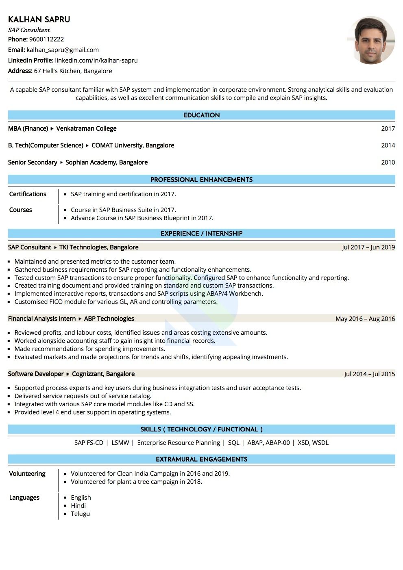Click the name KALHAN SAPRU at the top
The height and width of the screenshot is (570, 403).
point(39,20)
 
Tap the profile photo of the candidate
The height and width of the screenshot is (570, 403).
point(371,40)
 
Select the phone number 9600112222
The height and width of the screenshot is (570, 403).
point(46,39)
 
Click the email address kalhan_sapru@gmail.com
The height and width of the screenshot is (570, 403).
point(63,50)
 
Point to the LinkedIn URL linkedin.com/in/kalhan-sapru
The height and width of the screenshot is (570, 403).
point(96,61)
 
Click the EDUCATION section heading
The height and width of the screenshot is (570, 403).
point(201,115)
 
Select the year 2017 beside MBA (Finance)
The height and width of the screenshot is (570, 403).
point(388,129)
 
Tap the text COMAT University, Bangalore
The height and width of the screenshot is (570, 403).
point(133,145)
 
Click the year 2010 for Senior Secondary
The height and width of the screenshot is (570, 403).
point(388,163)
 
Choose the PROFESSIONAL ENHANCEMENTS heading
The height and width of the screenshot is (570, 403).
point(201,180)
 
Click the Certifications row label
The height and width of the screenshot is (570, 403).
point(28,194)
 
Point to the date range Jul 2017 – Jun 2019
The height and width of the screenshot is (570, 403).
point(368,247)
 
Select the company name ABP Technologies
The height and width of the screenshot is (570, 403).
point(109,319)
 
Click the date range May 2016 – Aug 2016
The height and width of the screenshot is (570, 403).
point(365,319)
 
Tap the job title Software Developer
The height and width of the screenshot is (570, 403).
point(36,374)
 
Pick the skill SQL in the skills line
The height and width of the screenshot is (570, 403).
point(233,443)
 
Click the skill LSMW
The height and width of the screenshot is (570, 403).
point(120,443)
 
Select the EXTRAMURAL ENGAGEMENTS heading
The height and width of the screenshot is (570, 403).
point(201,459)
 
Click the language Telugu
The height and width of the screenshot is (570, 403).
point(80,514)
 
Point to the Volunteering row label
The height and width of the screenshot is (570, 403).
point(27,474)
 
